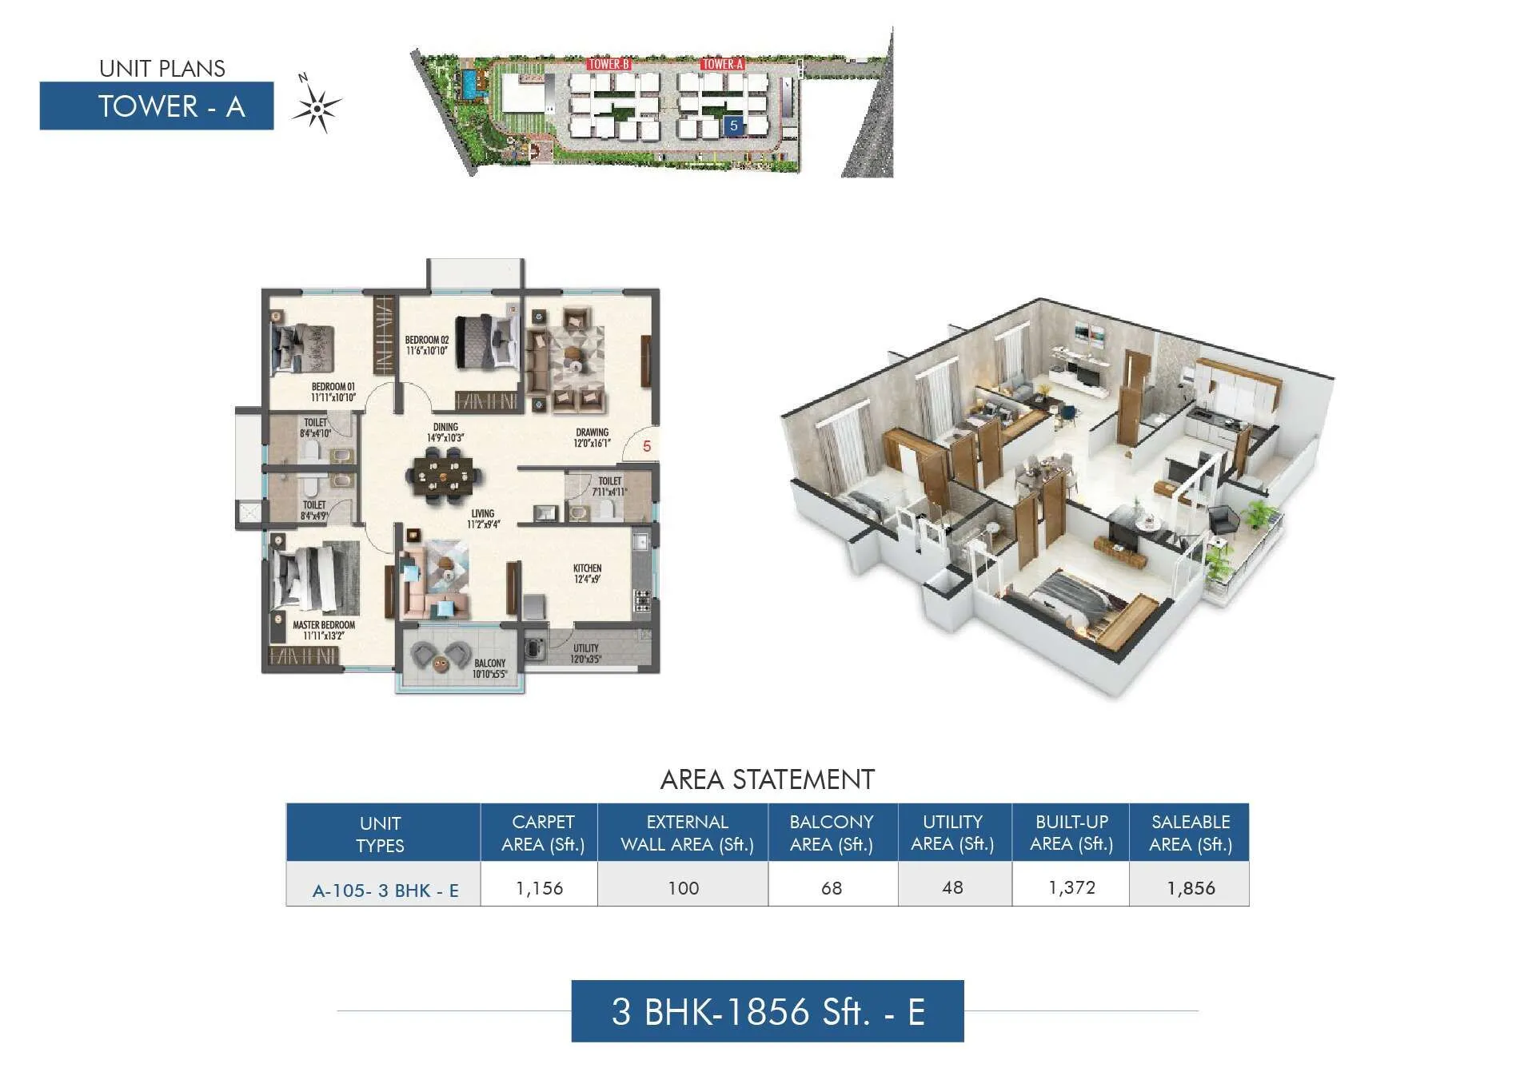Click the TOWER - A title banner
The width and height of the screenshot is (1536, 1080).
[157, 106]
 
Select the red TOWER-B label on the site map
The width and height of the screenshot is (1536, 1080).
[608, 64]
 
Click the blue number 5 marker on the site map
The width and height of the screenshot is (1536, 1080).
[733, 126]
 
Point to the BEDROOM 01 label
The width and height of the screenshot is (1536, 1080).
[333, 392]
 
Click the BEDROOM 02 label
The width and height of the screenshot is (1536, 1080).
[426, 345]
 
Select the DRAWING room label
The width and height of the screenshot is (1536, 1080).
[592, 437]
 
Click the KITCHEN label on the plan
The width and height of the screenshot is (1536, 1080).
[587, 573]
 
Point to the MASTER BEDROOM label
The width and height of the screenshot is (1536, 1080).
[323, 630]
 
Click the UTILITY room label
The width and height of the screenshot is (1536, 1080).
[585, 653]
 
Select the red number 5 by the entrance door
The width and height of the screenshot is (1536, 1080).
[647, 447]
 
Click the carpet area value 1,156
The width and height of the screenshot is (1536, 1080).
[540, 888]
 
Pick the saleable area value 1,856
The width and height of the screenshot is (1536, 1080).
[1191, 888]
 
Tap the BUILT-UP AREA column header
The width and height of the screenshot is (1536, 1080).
[1071, 832]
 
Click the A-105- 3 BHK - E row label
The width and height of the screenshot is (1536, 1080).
[385, 891]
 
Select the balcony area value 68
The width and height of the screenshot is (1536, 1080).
[832, 888]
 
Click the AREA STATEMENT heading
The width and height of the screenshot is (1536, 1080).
[767, 779]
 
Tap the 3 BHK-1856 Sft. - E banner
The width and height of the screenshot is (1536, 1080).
[768, 1011]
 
